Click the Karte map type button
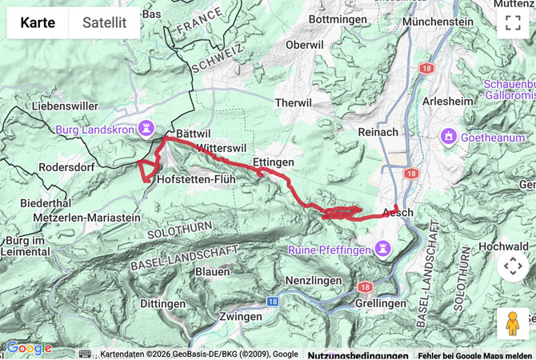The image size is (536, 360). [38, 22]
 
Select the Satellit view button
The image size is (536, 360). [104, 22]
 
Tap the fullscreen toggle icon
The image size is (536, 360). [513, 22]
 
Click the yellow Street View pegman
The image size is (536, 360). [513, 322]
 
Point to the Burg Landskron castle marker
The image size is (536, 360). [146, 127]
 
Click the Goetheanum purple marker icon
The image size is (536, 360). [449, 137]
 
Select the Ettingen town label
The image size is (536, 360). [273, 162]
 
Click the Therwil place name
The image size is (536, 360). [294, 103]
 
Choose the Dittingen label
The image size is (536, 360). [163, 304]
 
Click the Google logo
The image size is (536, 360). [29, 348]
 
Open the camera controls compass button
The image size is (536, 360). [513, 266]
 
